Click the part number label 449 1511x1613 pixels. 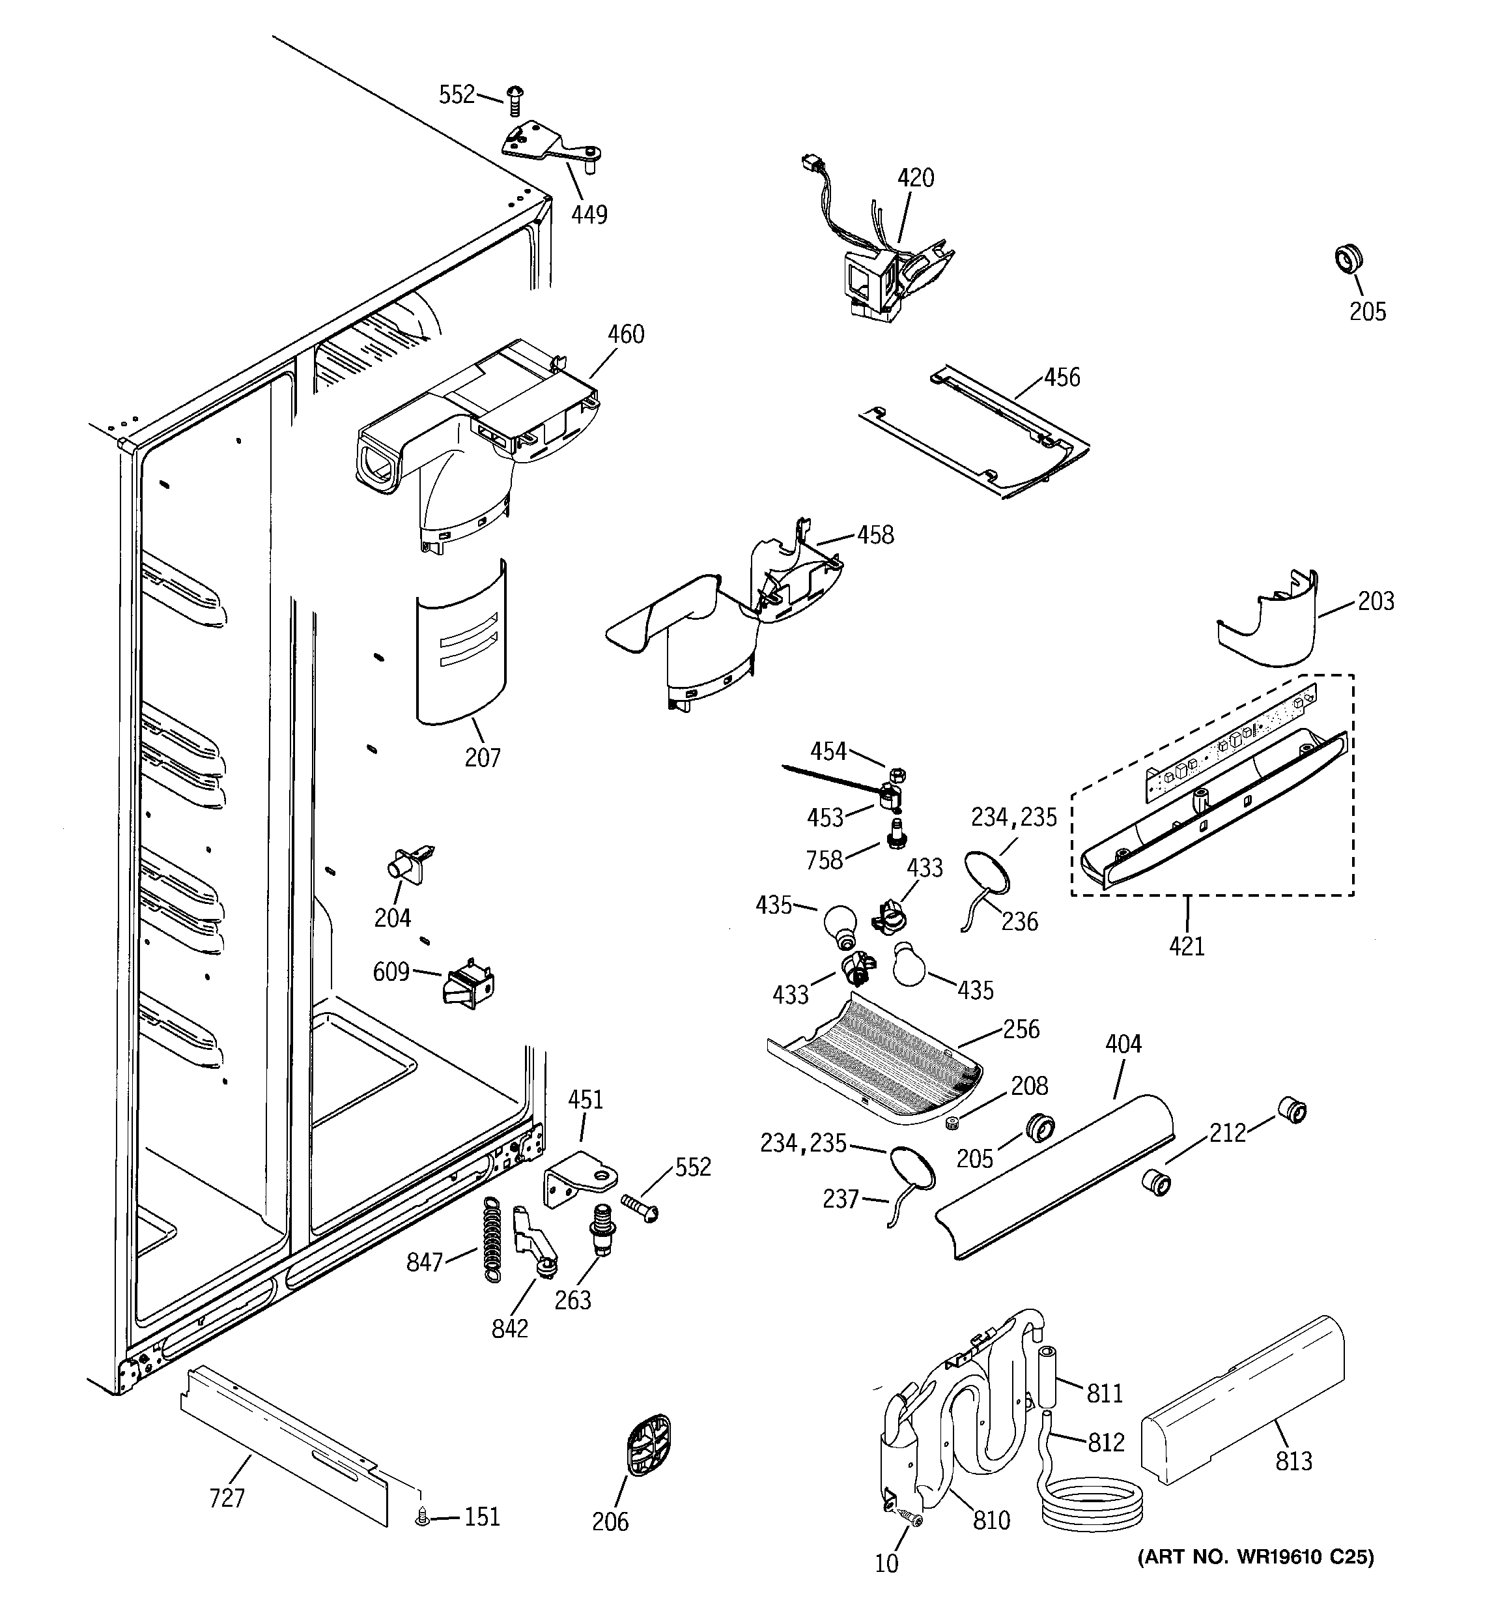pos(589,214)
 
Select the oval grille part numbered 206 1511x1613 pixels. pos(649,1446)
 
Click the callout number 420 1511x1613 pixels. pos(915,178)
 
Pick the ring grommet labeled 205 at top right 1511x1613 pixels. pos(1348,259)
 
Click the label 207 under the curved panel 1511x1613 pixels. pos(483,757)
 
